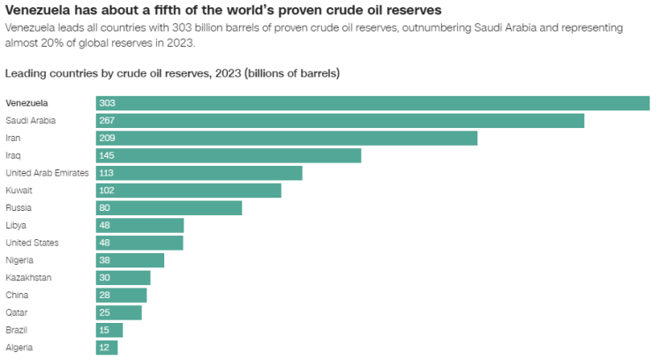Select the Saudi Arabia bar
click(340, 120)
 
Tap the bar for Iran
click(287, 138)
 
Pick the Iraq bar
click(229, 155)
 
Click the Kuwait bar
click(189, 190)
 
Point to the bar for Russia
click(169, 207)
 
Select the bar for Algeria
click(107, 348)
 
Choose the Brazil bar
click(109, 330)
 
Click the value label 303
click(108, 103)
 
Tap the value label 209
click(108, 138)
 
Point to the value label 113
click(107, 173)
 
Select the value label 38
click(105, 260)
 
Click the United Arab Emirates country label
click(47, 173)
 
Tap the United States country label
click(32, 243)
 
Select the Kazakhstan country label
click(28, 278)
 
